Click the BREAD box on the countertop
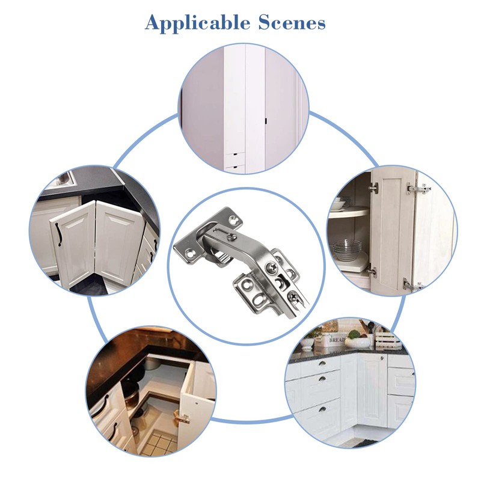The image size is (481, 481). click(x=329, y=341)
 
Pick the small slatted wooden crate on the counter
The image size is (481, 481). click(x=387, y=339)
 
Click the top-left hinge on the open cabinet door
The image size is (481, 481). click(x=374, y=188)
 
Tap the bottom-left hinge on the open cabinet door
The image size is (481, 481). click(x=373, y=272)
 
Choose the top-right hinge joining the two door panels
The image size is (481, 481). click(x=418, y=188)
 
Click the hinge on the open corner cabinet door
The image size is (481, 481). click(x=182, y=417)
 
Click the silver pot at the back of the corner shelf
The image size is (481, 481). click(x=142, y=378)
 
